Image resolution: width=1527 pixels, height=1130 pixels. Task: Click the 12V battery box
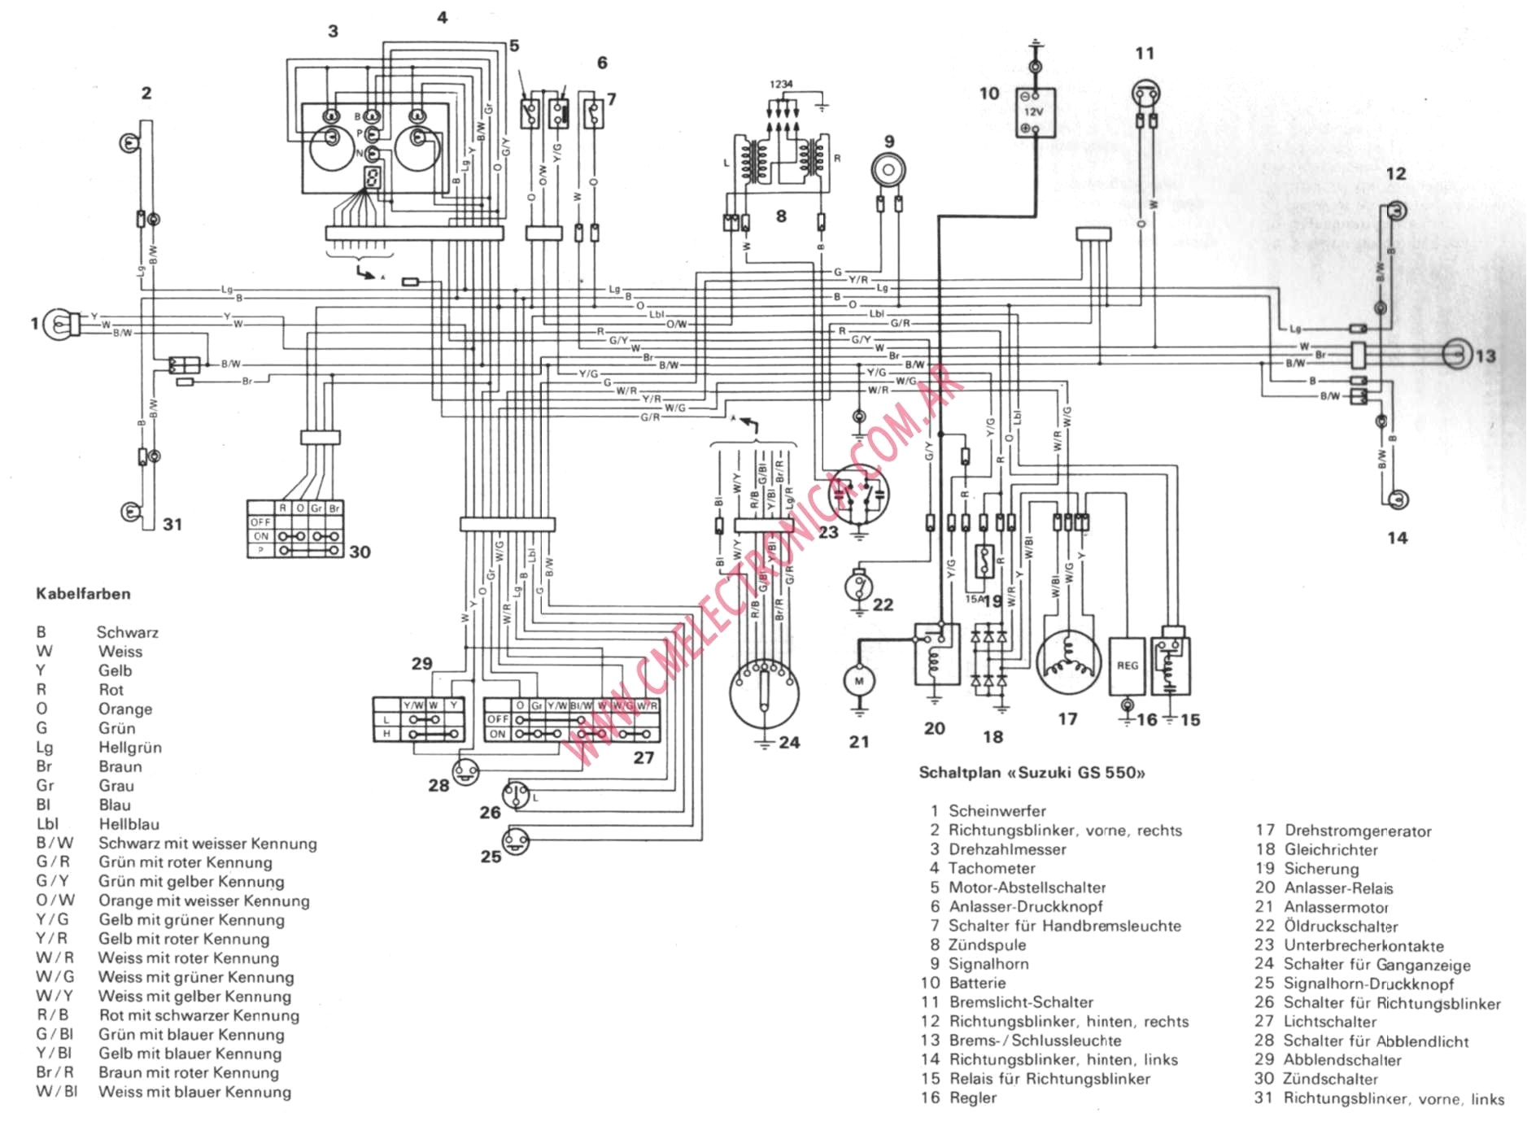tap(1035, 112)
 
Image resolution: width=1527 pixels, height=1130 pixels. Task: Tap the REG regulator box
tap(1127, 665)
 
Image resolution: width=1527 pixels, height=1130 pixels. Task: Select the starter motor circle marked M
tap(859, 681)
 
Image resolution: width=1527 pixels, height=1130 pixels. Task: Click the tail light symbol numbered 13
tap(1457, 355)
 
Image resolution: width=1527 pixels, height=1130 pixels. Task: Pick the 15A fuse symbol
tap(984, 561)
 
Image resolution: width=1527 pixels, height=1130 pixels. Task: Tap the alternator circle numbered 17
tap(1068, 663)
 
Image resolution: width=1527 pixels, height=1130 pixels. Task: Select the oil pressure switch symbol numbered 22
tap(859, 585)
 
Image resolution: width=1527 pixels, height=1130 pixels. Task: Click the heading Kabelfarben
tap(83, 594)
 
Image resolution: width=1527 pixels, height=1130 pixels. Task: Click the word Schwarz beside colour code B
tap(128, 632)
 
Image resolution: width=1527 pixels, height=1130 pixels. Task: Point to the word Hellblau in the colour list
tap(129, 824)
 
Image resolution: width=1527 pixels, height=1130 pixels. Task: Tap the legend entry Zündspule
tap(987, 945)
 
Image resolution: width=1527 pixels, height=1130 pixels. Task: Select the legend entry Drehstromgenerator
tap(1358, 831)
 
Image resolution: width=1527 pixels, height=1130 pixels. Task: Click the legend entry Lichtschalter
tap(1329, 1021)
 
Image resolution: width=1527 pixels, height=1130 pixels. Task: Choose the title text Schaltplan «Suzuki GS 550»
tap(1032, 772)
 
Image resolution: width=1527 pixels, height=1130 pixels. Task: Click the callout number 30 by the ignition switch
tap(360, 552)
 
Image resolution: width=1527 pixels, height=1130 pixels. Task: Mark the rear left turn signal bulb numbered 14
tap(1398, 500)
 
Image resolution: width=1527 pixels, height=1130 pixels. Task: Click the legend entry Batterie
tap(977, 983)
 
